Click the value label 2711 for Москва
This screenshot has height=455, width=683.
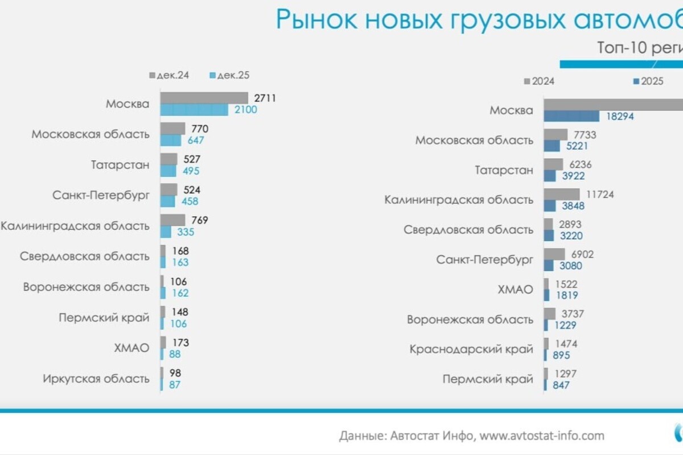coord(265,98)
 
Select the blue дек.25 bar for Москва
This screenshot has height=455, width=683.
coord(194,110)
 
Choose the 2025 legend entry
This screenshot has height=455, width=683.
coord(648,81)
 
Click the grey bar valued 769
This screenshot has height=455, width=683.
coord(172,220)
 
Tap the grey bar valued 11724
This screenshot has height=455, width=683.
coord(561,194)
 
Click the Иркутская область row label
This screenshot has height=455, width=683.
coord(96,378)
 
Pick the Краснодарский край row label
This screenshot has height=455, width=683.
coord(471,349)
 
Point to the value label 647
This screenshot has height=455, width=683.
coord(195,140)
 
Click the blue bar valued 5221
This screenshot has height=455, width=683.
coord(552,146)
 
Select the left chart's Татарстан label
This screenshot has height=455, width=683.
coord(120,165)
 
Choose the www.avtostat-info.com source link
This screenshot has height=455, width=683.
coord(542,436)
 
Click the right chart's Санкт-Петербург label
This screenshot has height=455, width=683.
coord(485,259)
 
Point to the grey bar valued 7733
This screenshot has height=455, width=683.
coord(556,134)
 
